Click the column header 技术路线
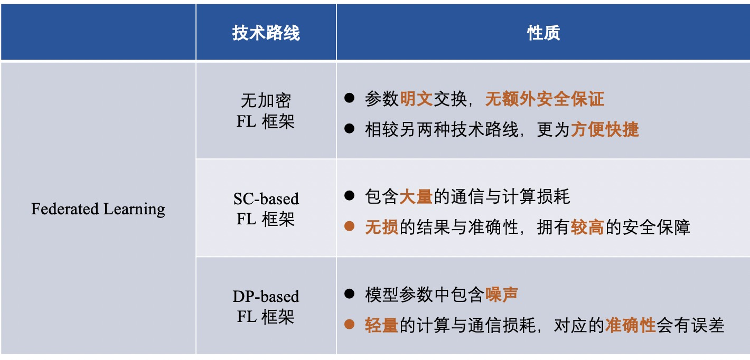point(266,33)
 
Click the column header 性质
point(543,33)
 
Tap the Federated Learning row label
point(98,209)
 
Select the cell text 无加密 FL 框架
point(266,111)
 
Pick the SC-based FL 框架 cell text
point(266,209)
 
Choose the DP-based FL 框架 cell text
point(266,307)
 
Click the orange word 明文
point(416,99)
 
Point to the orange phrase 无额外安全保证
point(545,99)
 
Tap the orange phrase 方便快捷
point(605,129)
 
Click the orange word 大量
point(416,196)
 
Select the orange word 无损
point(382,227)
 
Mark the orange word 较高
point(588,227)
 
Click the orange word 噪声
point(502,295)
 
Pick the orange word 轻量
point(382,325)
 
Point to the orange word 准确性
point(631,325)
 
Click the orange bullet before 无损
point(349,226)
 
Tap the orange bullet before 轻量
point(349,324)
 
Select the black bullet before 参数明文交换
point(349,98)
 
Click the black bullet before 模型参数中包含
point(349,294)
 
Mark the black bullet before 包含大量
point(349,196)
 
